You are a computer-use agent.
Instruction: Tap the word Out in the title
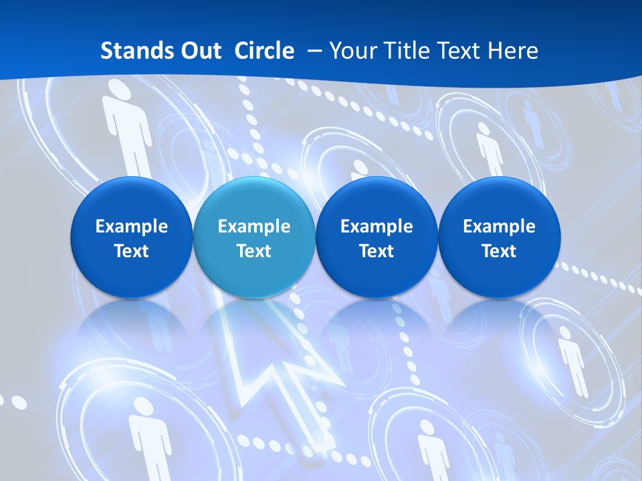202,51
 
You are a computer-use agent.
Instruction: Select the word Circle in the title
264,51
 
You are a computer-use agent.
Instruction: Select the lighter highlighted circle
254,237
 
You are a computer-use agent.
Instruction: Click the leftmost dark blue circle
132,237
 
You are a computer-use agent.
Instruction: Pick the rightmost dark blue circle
500,237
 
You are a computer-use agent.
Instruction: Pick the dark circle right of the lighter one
377,237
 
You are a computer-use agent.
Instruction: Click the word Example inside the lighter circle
254,226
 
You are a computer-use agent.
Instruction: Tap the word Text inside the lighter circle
254,251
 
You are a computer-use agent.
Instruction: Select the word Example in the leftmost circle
132,226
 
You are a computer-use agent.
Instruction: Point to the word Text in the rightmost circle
500,251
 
